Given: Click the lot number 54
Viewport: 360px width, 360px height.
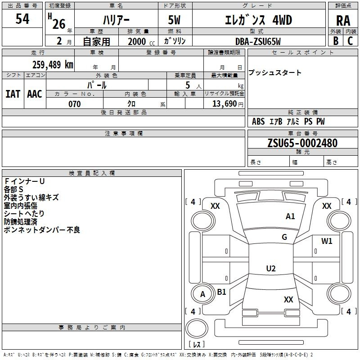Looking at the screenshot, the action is click(22, 19).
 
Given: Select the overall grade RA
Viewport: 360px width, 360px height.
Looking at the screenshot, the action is click(343, 21).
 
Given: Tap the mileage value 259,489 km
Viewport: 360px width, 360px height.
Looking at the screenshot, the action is click(53, 65).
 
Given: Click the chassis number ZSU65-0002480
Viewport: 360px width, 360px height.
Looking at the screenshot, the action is click(302, 143).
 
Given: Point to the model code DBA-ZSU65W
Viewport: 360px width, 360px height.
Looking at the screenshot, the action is click(258, 41).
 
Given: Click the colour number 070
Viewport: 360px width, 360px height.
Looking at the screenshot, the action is click(74, 104).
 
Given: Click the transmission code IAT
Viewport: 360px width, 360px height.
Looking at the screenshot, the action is click(13, 94).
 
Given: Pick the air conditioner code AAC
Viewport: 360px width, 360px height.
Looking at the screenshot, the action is click(35, 94).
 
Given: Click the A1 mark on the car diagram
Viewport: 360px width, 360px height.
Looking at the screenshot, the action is click(290, 216).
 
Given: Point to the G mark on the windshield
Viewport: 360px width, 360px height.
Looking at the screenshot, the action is click(284, 237).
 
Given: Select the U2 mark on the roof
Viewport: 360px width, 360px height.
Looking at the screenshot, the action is click(271, 268).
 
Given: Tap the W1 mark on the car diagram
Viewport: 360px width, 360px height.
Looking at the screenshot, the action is click(327, 241).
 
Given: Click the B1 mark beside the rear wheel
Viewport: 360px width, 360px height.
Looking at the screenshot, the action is click(221, 292).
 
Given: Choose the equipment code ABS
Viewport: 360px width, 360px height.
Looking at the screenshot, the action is click(258, 121).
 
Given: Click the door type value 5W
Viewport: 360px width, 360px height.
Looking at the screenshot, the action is click(174, 20).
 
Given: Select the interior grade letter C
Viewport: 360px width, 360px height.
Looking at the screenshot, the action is click(350, 41).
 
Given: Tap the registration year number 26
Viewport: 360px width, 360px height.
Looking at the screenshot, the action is click(59, 24).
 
